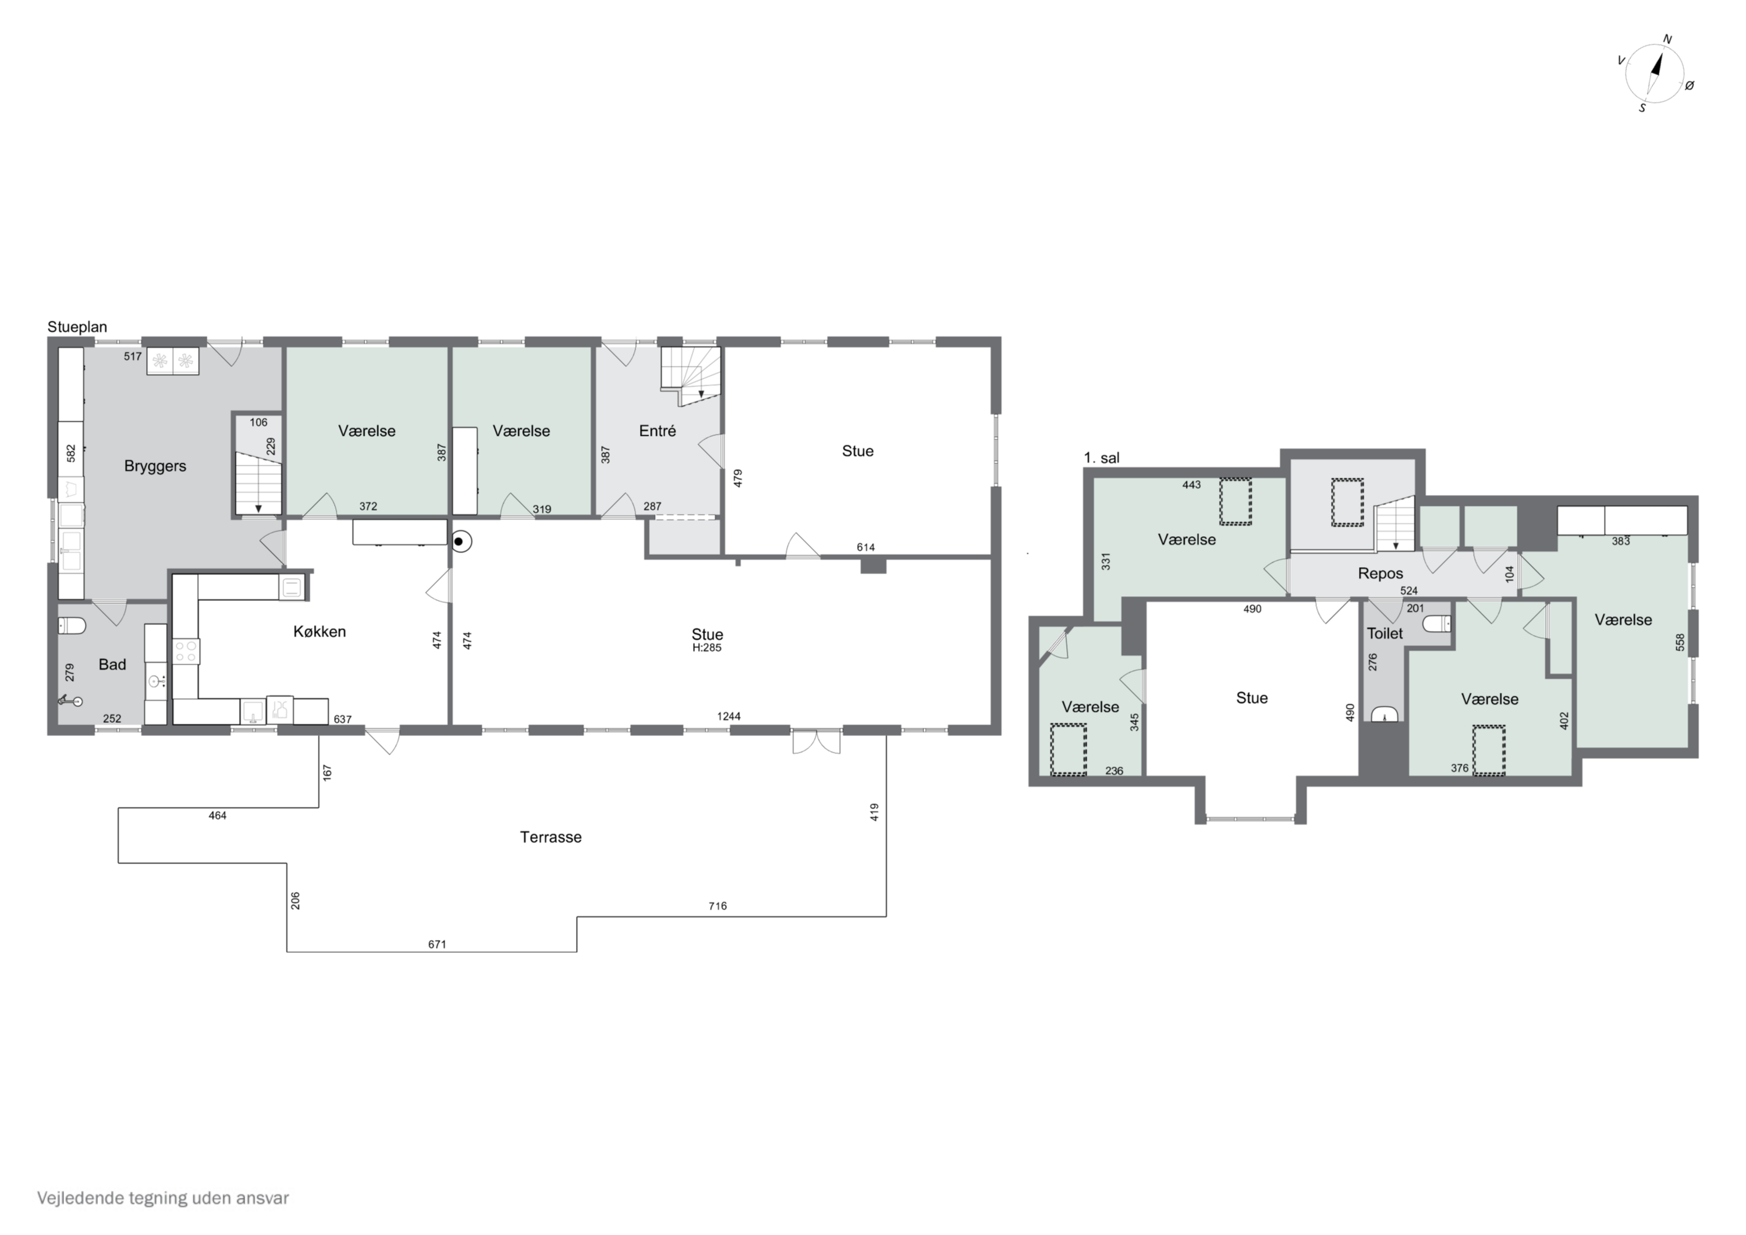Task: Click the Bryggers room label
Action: (x=155, y=466)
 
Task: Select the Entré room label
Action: (x=657, y=431)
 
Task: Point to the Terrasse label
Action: (x=551, y=837)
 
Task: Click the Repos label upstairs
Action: (x=1381, y=574)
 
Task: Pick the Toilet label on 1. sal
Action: (x=1385, y=633)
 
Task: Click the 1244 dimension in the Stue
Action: (x=729, y=716)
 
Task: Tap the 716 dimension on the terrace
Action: (x=717, y=905)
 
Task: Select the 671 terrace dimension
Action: (x=436, y=944)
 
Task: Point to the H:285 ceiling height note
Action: (x=707, y=648)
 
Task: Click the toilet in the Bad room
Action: (x=72, y=625)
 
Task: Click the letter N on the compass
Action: (x=1667, y=40)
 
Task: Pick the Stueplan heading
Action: (x=77, y=327)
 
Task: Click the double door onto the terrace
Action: (x=816, y=741)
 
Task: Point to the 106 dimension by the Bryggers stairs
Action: (x=258, y=422)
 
